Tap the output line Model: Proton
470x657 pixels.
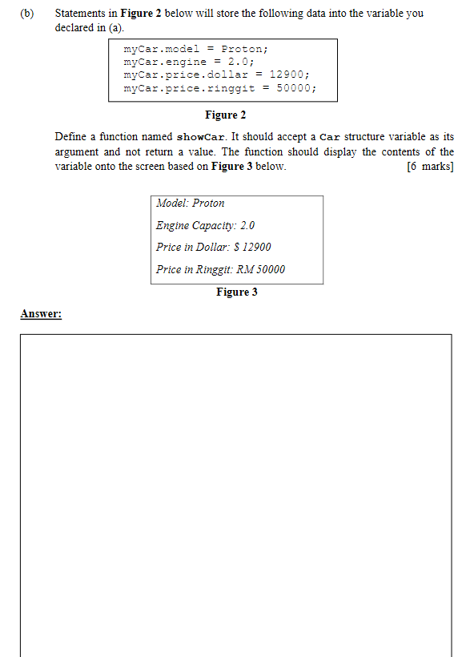pyautogui.click(x=191, y=204)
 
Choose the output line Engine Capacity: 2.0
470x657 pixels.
pyautogui.click(x=205, y=225)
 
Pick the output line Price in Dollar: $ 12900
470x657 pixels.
pyautogui.click(x=214, y=247)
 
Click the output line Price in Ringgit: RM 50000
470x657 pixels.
pyautogui.click(x=220, y=269)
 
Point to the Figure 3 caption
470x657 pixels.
pyautogui.click(x=237, y=292)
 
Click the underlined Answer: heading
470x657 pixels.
pyautogui.click(x=42, y=314)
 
